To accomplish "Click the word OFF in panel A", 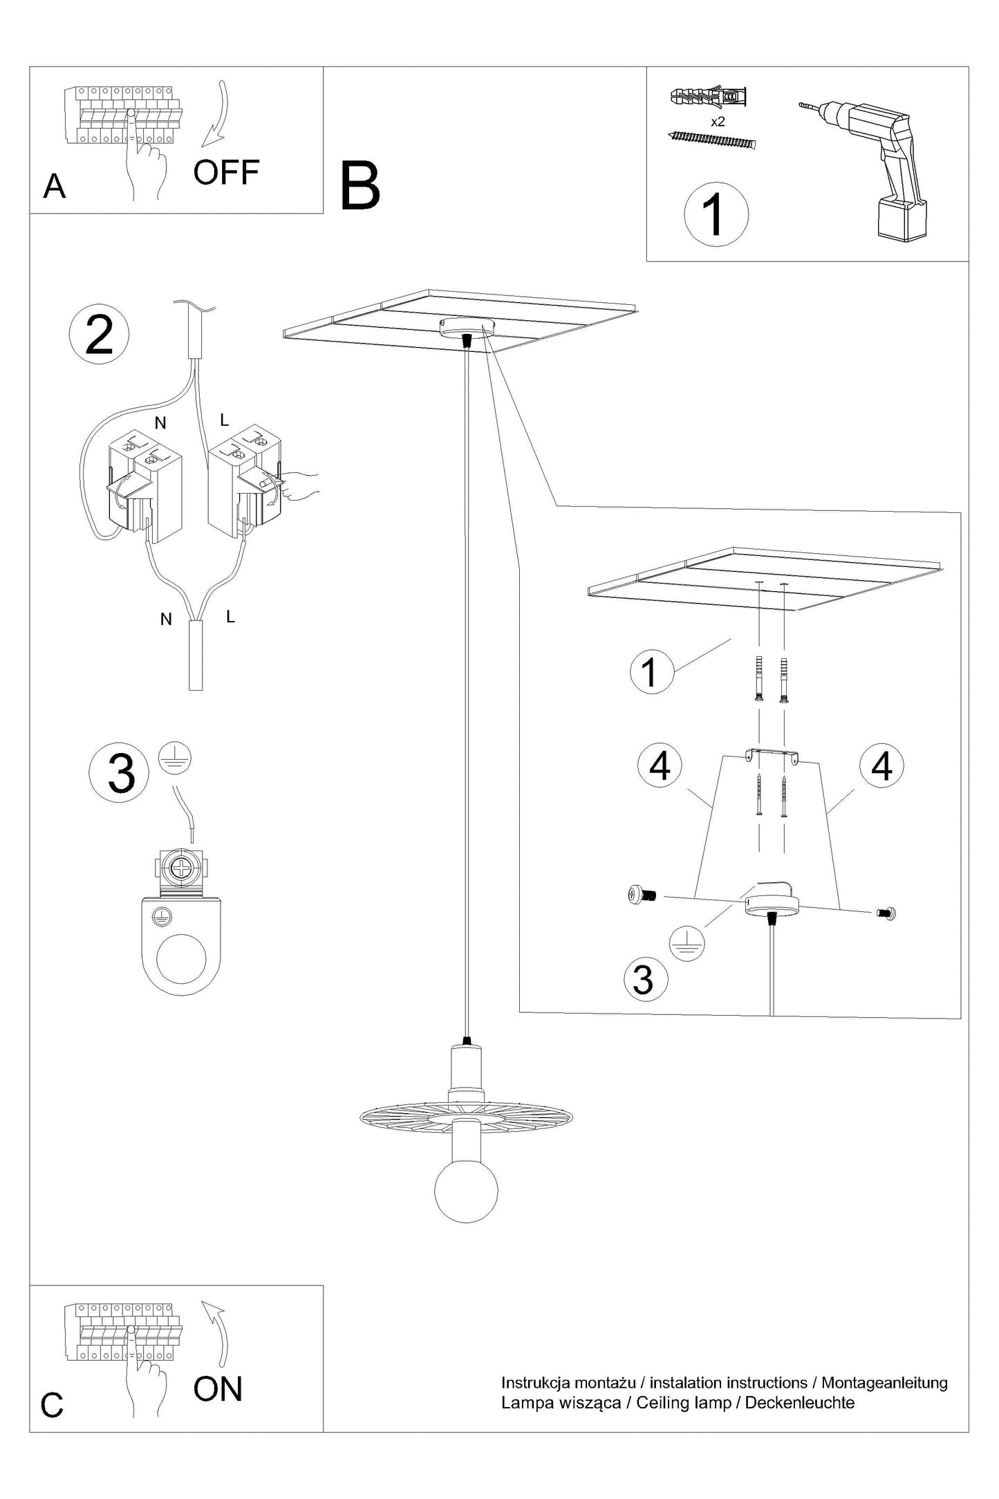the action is [x=226, y=172].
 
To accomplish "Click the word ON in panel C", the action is [x=218, y=1389].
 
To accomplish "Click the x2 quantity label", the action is [x=718, y=122].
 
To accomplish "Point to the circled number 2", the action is [x=99, y=335].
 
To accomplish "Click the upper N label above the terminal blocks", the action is [x=160, y=423].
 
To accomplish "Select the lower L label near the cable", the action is [x=230, y=617].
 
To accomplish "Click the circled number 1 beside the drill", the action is [x=716, y=214].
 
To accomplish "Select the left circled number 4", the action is [x=660, y=765].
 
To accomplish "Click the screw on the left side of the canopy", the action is [x=642, y=895].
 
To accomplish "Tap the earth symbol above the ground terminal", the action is [x=175, y=760].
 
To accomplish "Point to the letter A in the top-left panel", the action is [x=55, y=187].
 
